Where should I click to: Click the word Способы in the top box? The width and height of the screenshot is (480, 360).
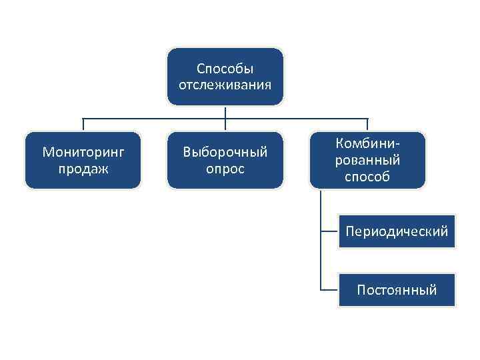(225, 69)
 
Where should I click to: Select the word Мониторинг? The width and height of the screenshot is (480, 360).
(83, 152)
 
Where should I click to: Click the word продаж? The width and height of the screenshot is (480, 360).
(83, 169)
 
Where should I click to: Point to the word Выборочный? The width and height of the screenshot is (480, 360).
(225, 152)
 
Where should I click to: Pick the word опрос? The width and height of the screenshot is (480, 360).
(225, 169)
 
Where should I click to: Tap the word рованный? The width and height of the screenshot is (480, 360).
(368, 160)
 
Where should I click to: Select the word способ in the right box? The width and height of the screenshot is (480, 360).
(368, 177)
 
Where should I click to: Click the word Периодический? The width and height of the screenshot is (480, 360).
(397, 231)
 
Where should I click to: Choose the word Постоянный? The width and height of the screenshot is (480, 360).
(397, 290)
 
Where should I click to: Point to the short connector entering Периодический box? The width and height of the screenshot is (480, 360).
(329, 231)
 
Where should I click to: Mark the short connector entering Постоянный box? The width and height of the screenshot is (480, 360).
(329, 290)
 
